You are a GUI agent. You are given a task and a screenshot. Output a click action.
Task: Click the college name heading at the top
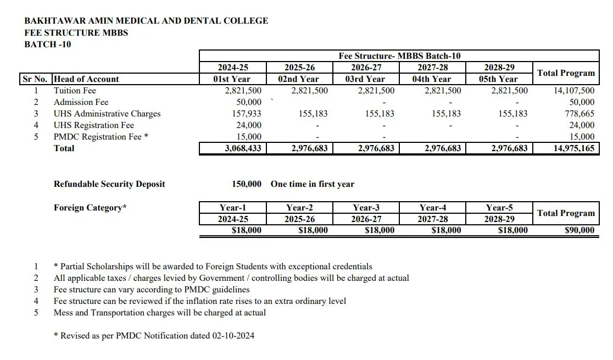(x=146, y=21)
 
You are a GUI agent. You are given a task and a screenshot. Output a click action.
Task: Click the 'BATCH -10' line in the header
(x=48, y=44)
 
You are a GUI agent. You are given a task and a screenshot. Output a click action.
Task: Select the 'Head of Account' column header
(x=86, y=79)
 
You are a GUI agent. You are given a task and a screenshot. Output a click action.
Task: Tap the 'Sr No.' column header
(x=36, y=79)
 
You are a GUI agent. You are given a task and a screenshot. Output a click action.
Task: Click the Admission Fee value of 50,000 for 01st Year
(x=248, y=102)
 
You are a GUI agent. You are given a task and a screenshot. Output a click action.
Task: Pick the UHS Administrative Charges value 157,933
(x=247, y=114)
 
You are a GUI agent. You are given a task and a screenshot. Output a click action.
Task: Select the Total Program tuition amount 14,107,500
(x=573, y=91)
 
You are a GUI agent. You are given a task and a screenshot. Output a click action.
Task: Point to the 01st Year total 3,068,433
(x=243, y=148)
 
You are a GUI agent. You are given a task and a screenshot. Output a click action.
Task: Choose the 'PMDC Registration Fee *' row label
(x=101, y=137)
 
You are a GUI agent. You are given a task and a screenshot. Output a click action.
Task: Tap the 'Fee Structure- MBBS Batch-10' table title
(x=399, y=56)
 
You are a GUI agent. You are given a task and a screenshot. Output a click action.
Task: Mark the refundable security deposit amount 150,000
(x=247, y=184)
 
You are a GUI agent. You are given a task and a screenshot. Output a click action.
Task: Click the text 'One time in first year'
(x=312, y=184)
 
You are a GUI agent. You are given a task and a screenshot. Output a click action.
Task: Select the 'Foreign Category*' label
(x=90, y=208)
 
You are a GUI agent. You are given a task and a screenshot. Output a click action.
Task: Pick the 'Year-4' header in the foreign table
(x=433, y=208)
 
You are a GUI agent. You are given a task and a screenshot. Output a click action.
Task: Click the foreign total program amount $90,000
(x=579, y=231)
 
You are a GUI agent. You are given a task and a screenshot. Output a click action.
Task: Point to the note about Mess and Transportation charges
(x=159, y=313)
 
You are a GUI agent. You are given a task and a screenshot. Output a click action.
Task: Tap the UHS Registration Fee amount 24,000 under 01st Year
(x=248, y=125)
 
